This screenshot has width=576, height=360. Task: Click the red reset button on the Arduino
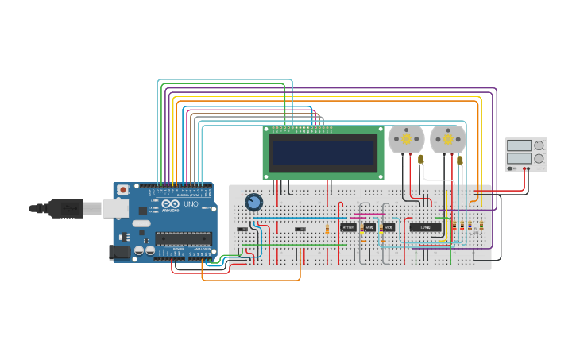click(x=123, y=190)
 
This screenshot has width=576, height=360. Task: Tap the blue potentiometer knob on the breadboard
click(x=253, y=202)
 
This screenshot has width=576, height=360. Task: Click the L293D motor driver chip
click(x=425, y=227)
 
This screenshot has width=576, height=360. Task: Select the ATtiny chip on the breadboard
click(x=348, y=227)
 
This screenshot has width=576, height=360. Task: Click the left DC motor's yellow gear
click(x=406, y=139)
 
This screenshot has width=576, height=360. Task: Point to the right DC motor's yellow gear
click(x=448, y=139)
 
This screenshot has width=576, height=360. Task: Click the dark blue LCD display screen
click(x=323, y=152)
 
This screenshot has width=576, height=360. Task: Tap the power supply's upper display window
click(x=519, y=145)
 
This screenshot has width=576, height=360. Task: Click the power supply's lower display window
click(x=519, y=158)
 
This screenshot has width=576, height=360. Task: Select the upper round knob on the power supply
click(x=539, y=145)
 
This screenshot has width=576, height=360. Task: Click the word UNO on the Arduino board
click(x=191, y=204)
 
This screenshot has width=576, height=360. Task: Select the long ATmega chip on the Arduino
click(x=183, y=238)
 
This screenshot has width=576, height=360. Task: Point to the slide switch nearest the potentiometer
click(x=242, y=230)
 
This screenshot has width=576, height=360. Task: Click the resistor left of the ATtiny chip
click(x=327, y=229)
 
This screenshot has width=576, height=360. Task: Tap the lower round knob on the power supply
click(x=539, y=159)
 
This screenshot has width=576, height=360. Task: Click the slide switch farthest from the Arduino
click(x=300, y=230)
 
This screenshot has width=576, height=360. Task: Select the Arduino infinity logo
click(x=169, y=204)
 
